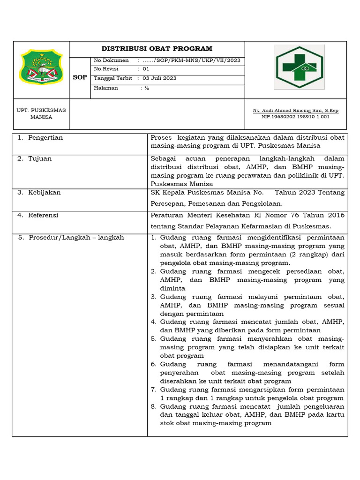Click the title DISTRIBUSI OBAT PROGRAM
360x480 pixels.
point(157,49)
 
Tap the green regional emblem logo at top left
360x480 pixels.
point(41,69)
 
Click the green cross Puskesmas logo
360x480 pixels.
point(299,67)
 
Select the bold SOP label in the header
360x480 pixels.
point(80,77)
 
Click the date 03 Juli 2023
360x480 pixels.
point(159,78)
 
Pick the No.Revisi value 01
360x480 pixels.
point(146,69)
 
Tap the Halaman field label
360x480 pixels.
point(106,88)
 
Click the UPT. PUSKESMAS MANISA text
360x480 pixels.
point(41,113)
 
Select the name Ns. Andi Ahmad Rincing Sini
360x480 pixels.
point(295,111)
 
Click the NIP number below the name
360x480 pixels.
point(295,117)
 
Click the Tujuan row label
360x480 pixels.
point(40,159)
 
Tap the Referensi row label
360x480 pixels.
point(43,215)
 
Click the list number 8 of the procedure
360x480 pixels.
point(153,406)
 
